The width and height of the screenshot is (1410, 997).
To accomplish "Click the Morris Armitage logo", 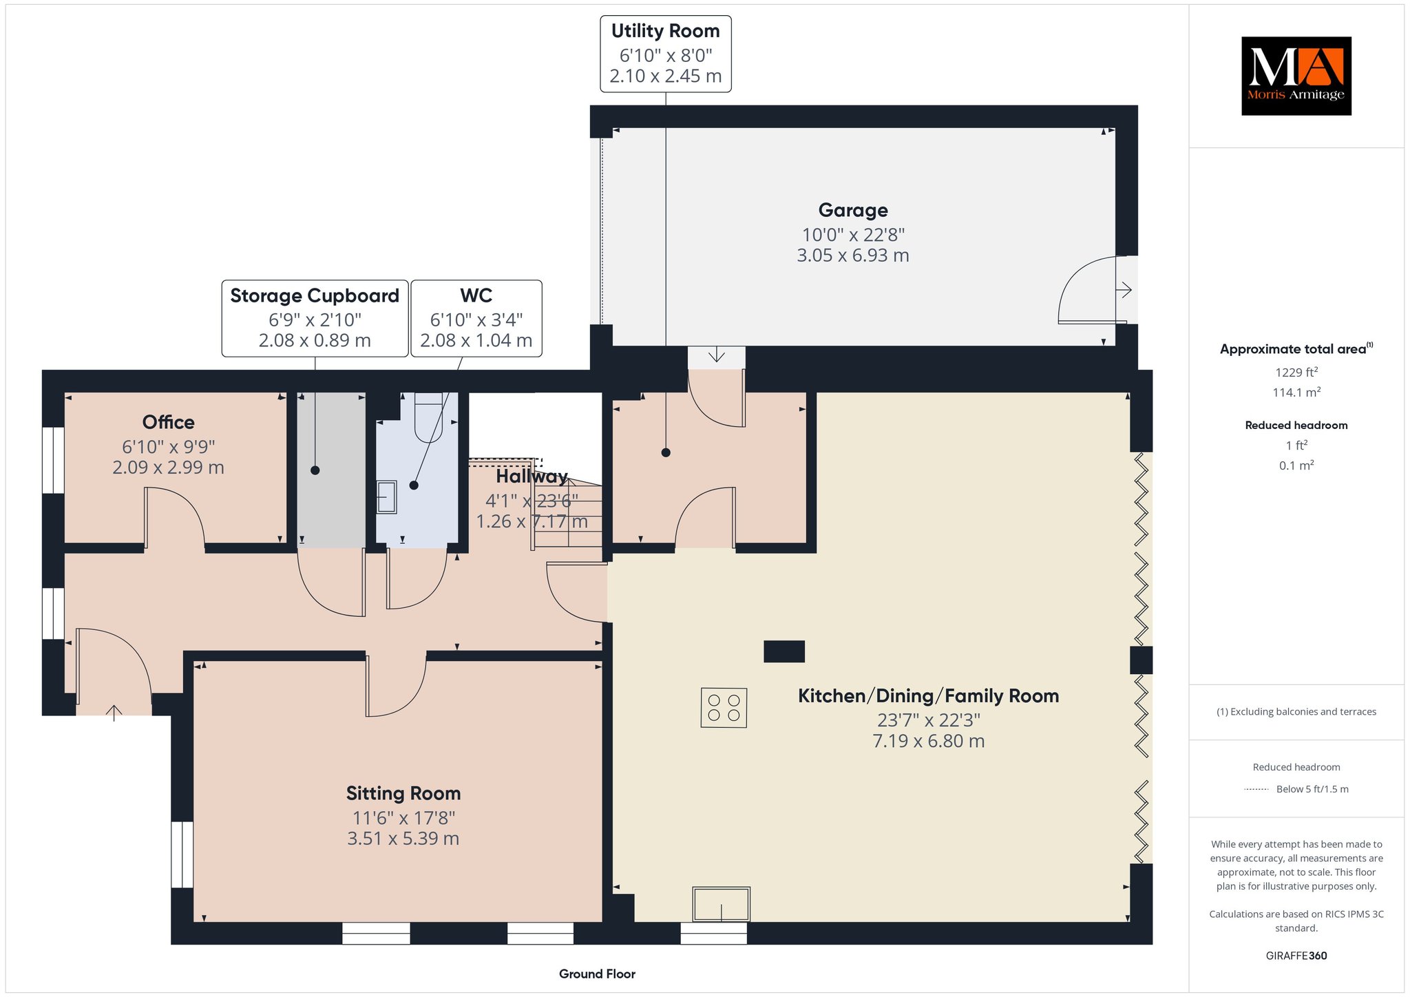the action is (1296, 76).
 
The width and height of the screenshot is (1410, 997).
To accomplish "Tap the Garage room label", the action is (853, 210).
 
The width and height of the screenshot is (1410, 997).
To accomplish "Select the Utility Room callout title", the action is (665, 31).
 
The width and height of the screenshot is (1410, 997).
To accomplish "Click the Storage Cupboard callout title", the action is (315, 295).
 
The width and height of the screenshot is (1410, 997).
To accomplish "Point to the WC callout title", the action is (476, 295).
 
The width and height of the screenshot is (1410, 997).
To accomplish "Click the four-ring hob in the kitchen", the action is (724, 708).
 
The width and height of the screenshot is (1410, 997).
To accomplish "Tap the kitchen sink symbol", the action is (722, 904).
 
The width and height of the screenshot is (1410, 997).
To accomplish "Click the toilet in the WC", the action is (428, 417).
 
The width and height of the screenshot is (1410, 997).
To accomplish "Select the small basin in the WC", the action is (387, 497).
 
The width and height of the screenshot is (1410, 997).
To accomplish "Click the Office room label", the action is (169, 422).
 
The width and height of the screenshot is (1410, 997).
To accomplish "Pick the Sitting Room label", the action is (403, 793).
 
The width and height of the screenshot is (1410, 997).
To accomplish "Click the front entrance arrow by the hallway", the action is (114, 713).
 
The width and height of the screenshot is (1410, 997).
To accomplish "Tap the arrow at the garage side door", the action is (1124, 290).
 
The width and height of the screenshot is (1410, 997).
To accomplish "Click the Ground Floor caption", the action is (597, 974).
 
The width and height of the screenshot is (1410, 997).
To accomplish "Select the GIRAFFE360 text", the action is (1296, 956).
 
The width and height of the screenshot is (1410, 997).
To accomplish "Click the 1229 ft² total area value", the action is (1296, 372).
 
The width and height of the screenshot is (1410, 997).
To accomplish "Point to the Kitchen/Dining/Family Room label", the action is (928, 696).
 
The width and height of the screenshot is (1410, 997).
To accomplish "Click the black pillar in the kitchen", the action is (784, 651).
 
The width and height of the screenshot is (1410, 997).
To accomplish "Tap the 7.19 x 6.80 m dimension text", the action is (928, 741).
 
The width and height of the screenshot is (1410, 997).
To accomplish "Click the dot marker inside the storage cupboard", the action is (315, 470).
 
